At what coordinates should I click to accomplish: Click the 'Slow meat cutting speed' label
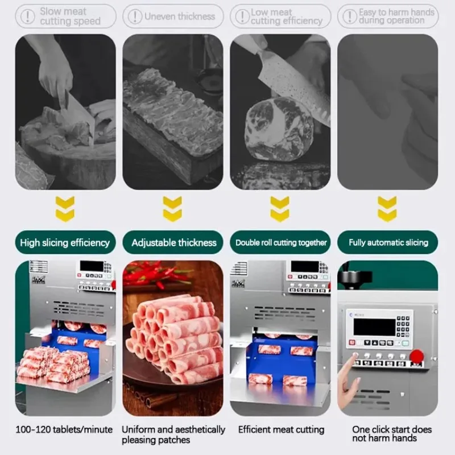coord(69,16)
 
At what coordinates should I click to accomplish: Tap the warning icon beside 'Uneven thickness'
coord(134,16)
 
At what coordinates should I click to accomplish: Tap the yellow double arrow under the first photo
coord(65,209)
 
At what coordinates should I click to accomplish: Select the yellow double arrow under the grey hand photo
coord(387,209)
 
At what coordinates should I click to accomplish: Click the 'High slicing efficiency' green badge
coord(65,242)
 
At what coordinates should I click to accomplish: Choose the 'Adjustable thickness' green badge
coord(173,242)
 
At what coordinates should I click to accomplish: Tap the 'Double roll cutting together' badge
coord(281,242)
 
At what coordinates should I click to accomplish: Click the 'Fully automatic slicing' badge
coord(389,242)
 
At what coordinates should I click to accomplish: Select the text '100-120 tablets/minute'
coord(64,429)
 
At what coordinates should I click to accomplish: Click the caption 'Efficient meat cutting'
coord(281,429)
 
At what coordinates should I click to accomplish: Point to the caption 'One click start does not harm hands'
coord(391,433)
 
